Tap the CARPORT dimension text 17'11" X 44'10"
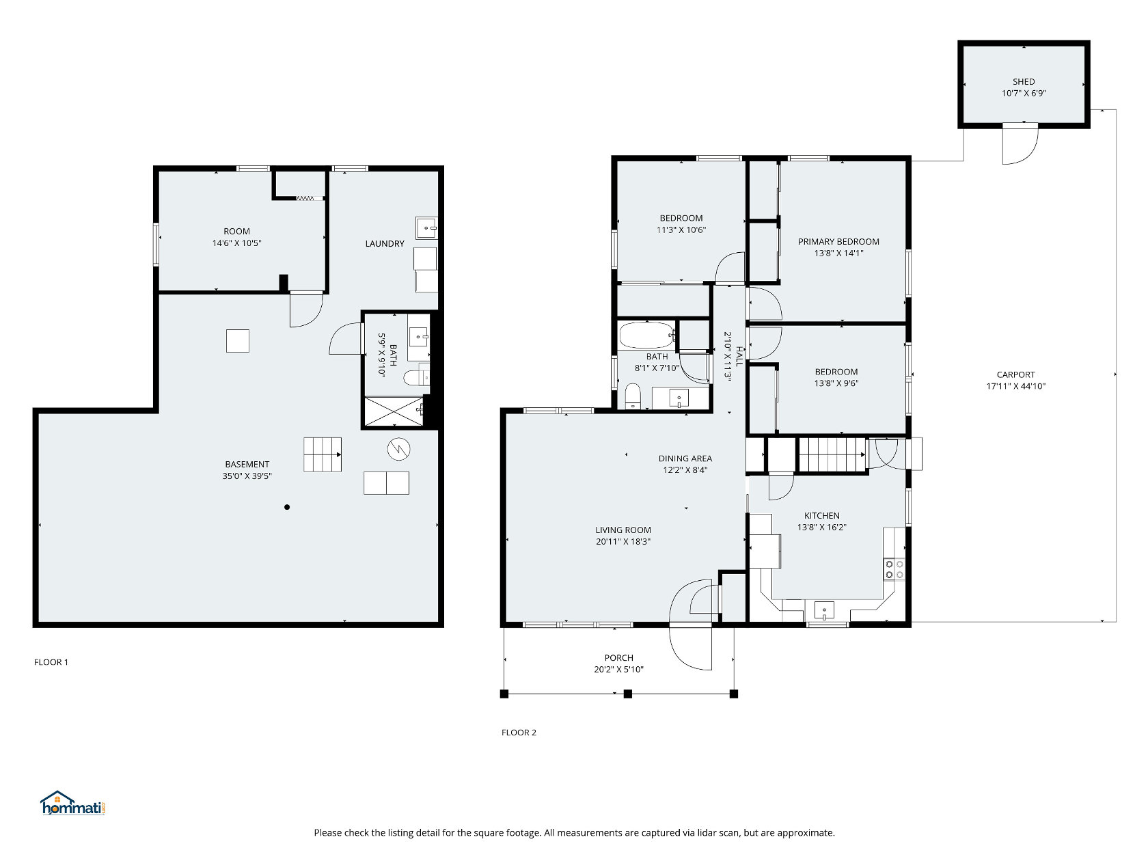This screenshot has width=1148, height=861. (x=1015, y=386)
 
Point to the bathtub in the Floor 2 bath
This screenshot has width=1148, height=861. (x=645, y=335)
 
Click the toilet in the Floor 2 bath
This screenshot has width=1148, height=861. (x=632, y=396)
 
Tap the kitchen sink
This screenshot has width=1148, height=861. (x=823, y=610)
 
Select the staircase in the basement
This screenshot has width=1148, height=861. (x=322, y=454)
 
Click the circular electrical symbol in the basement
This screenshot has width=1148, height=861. (x=398, y=448)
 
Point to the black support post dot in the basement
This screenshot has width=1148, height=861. (x=286, y=506)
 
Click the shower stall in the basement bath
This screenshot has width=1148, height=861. (x=394, y=411)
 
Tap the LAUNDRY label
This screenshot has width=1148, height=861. (x=385, y=244)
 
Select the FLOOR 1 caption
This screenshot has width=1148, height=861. (x=51, y=662)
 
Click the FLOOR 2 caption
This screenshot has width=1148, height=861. (x=518, y=733)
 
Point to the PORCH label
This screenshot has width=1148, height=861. (x=618, y=657)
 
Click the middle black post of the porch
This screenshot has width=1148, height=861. (x=627, y=694)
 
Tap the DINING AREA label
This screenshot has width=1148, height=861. (x=685, y=459)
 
